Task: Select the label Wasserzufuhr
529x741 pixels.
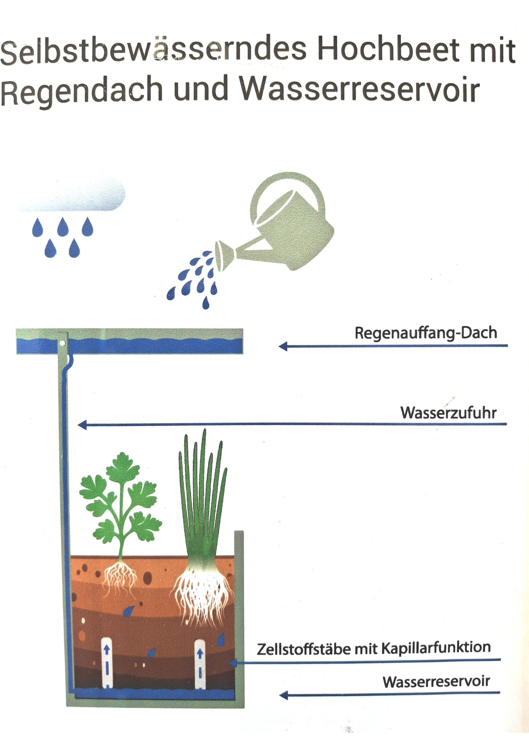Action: [x=448, y=413]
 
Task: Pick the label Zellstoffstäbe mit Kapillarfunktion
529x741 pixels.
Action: [x=374, y=648]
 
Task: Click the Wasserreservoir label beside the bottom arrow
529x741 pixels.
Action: [x=436, y=682]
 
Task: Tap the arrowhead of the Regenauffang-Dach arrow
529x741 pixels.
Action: [x=283, y=346]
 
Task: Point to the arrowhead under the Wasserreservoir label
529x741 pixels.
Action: [x=284, y=696]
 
